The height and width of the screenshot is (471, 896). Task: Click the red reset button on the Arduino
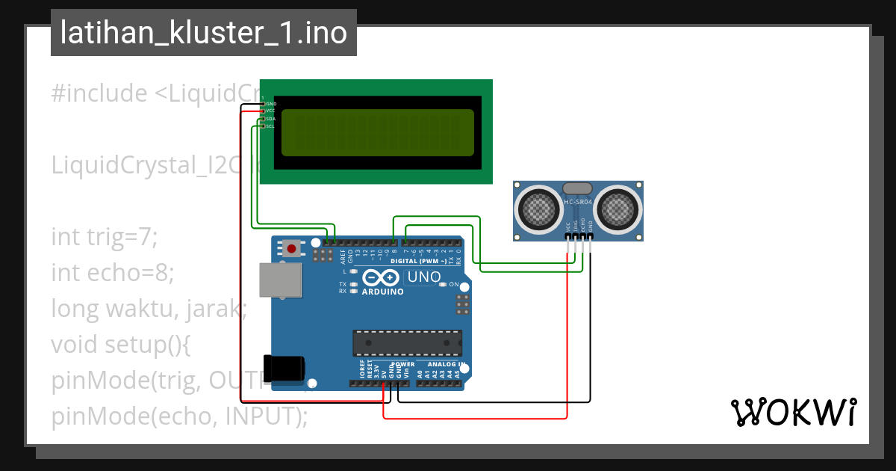point(290,247)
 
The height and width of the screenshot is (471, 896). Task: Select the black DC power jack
point(284,368)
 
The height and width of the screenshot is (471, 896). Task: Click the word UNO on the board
point(423,277)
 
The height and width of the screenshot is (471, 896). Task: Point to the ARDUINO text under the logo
point(382,292)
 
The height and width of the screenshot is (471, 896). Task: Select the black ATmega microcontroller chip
point(406,342)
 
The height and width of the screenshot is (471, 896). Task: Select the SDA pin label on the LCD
point(270,119)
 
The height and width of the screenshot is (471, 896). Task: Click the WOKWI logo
point(792,412)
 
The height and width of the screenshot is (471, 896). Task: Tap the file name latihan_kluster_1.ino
point(203,34)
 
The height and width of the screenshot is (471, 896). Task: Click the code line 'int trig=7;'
point(105,238)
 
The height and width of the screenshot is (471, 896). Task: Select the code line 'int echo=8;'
point(112,273)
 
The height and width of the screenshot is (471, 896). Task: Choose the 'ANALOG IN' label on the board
point(447,364)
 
